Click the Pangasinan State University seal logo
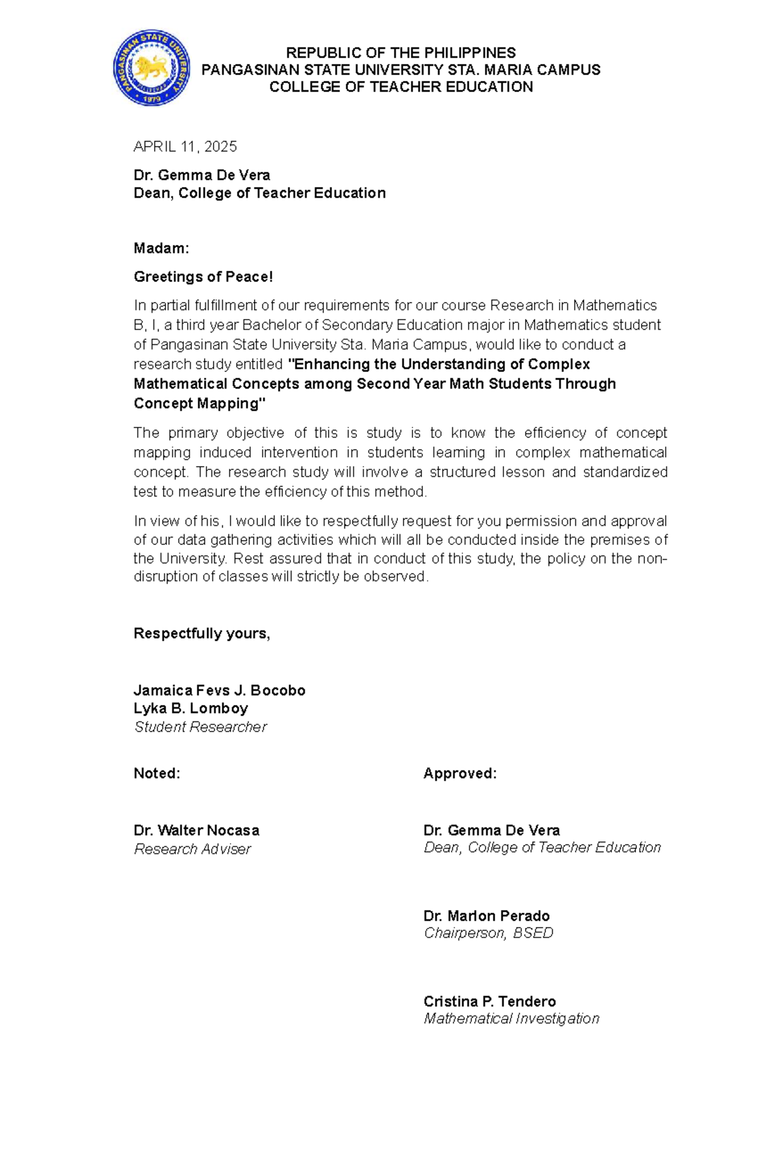152,68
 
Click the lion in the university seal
152,66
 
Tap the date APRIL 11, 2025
185,147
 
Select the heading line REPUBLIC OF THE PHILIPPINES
400,52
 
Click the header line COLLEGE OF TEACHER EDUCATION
400,87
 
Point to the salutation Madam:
161,248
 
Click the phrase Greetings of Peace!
203,277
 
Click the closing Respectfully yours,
202,634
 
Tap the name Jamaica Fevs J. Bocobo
219,690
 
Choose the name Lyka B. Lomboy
190,708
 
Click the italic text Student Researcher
200,727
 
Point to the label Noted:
157,774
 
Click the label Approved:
460,774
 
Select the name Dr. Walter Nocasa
196,830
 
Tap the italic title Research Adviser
192,849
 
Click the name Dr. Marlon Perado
486,916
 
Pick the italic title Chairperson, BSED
488,933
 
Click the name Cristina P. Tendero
490,1001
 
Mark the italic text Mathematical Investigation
511,1018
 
